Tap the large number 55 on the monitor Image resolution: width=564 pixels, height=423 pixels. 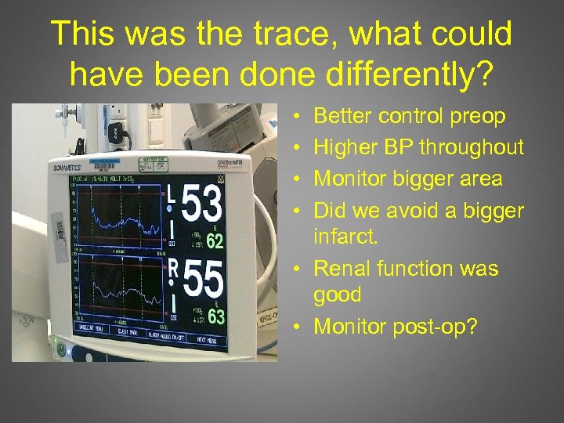click(204, 280)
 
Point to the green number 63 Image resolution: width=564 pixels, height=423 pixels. click(216, 317)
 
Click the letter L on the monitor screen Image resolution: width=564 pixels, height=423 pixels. click(172, 194)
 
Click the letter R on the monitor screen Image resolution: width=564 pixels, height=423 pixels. click(173, 268)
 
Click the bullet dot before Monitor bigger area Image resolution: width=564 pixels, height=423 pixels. click(302, 179)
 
